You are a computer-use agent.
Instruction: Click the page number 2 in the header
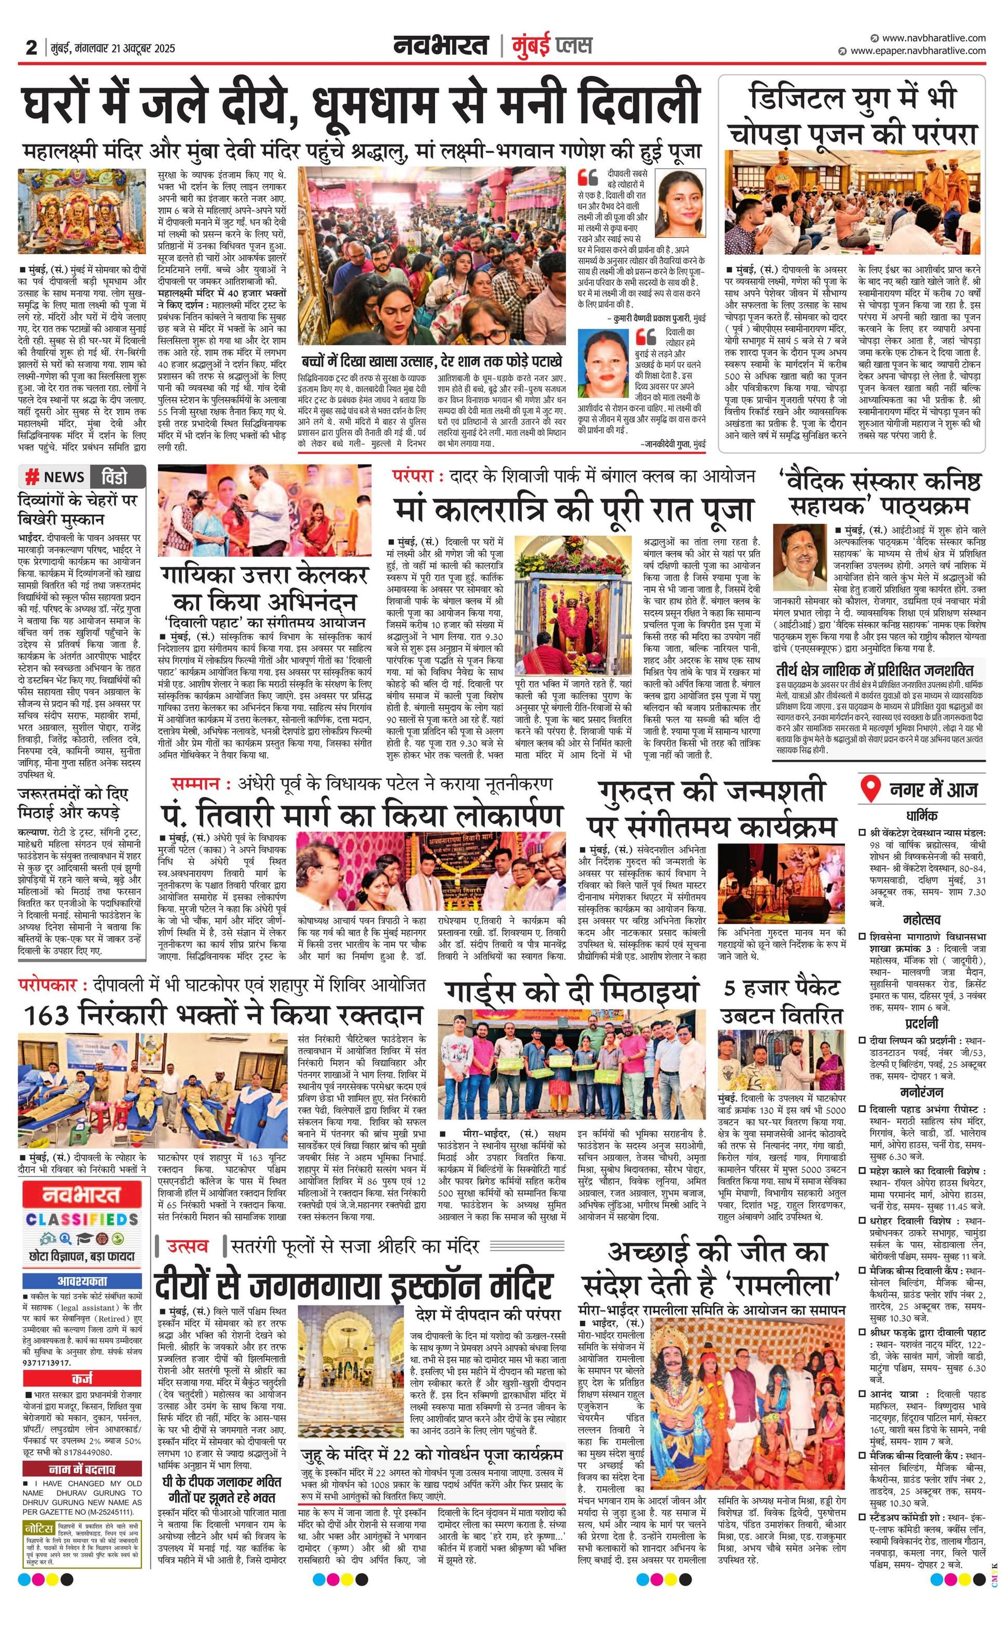(x=31, y=48)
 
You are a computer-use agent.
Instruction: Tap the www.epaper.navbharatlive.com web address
(x=917, y=50)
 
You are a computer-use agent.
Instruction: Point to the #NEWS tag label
(x=55, y=477)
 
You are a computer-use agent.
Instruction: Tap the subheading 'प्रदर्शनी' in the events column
(x=922, y=1023)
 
